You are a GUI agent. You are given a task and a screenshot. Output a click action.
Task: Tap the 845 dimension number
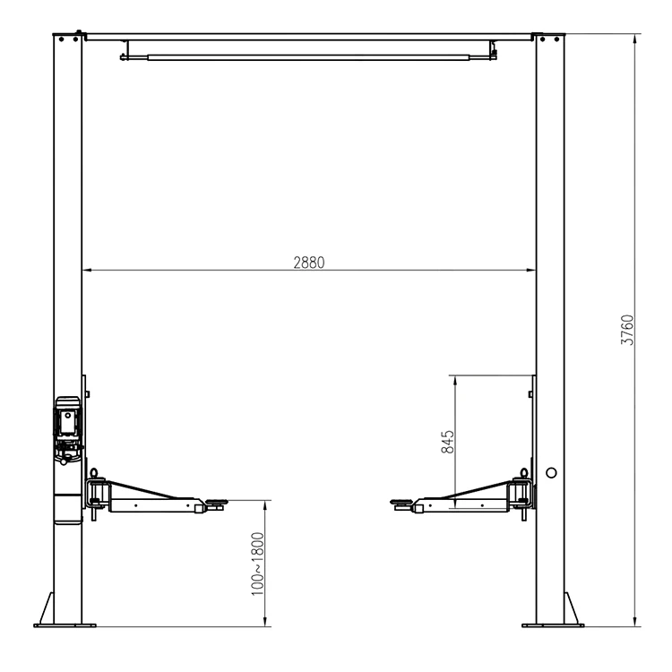point(448,442)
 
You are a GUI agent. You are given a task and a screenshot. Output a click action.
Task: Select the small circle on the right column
point(550,472)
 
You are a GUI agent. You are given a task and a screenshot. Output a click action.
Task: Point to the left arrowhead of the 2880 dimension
point(87,270)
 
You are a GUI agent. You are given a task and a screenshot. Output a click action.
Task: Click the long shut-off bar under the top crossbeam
point(305,58)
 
